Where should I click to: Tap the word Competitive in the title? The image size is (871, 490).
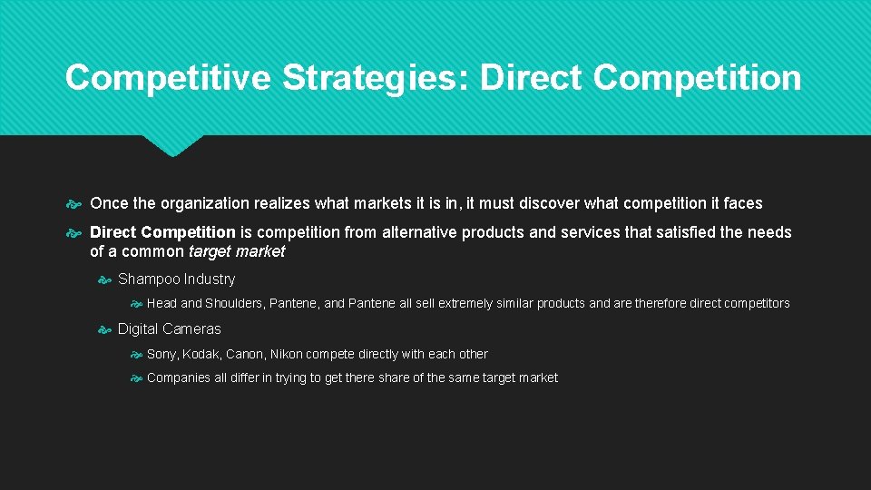[x=168, y=78]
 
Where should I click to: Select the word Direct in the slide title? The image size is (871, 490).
[x=532, y=78]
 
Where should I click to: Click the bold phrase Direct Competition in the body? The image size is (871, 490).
[x=162, y=232]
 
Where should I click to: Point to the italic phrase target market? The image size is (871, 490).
[x=236, y=251]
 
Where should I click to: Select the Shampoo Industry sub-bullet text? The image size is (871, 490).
[x=176, y=279]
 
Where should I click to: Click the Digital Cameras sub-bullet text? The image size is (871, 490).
[x=169, y=329]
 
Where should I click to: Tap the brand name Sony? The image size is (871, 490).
[x=161, y=354]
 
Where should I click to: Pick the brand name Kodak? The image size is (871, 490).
[x=201, y=354]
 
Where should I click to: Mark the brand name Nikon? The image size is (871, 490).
[x=288, y=354]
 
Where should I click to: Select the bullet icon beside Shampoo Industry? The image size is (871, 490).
[x=104, y=280]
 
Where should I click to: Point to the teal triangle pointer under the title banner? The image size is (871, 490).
[x=172, y=145]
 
